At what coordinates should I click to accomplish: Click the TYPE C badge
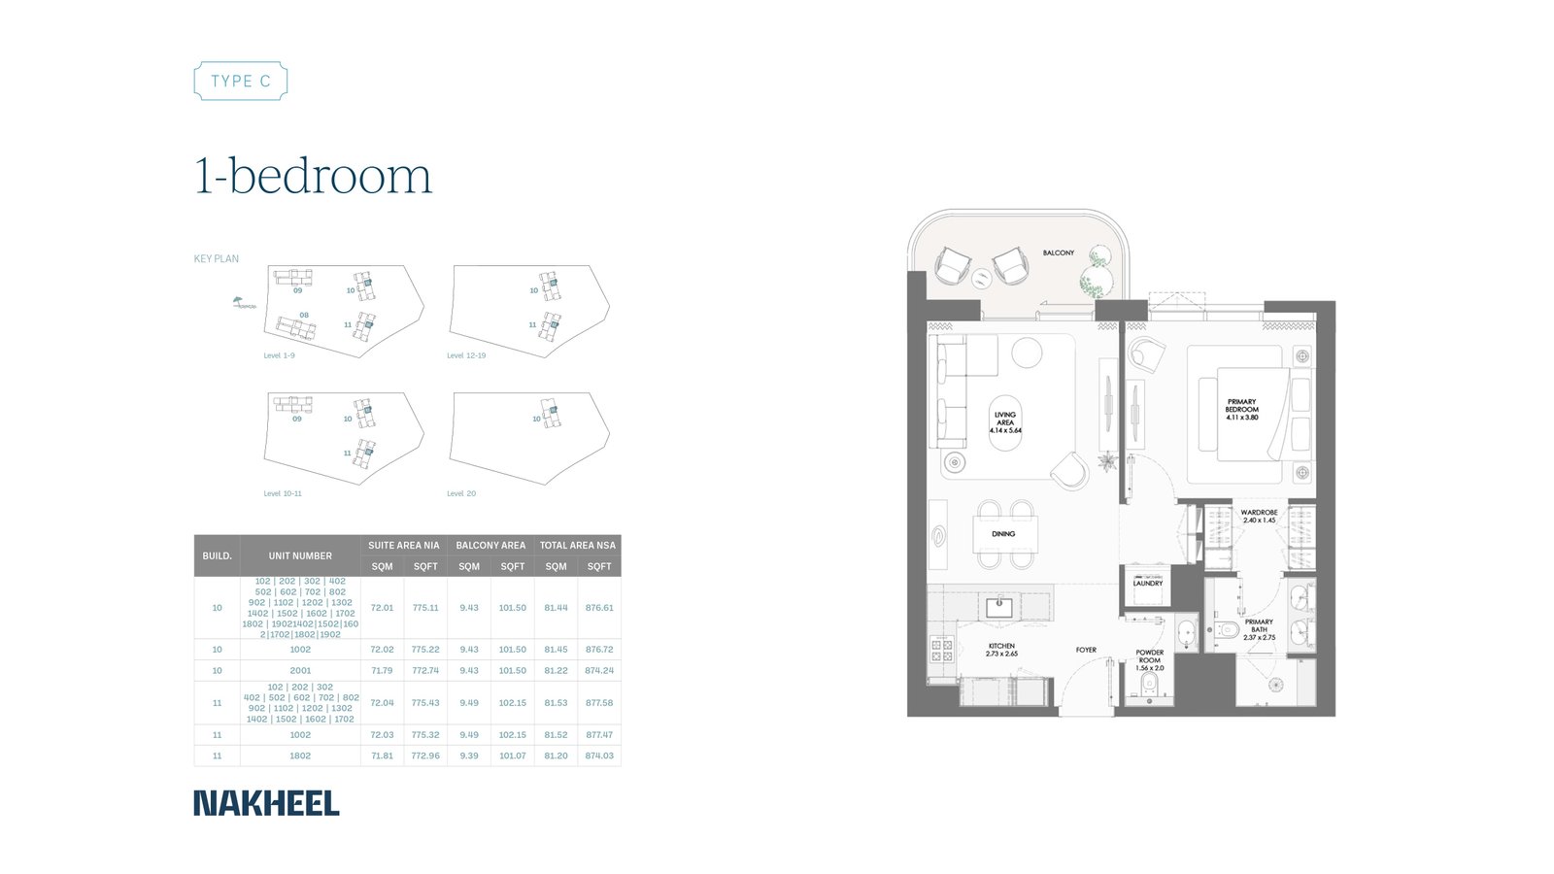pyautogui.click(x=241, y=82)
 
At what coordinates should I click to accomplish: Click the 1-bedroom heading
pyautogui.click(x=313, y=177)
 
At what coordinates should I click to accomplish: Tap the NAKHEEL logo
pyautogui.click(x=266, y=803)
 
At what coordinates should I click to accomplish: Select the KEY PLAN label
pyautogui.click(x=216, y=259)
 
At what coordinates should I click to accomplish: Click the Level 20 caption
pyautogui.click(x=461, y=493)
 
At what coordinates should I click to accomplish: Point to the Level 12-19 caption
pyautogui.click(x=466, y=355)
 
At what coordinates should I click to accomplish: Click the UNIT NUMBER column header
pyautogui.click(x=300, y=555)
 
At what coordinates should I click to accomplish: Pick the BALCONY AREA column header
pyautogui.click(x=490, y=545)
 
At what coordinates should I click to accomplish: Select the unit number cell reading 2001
pyautogui.click(x=300, y=670)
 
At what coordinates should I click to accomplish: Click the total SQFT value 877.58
pyautogui.click(x=599, y=702)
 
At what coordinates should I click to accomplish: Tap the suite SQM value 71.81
pyautogui.click(x=382, y=756)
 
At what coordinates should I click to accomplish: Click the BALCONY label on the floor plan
pyautogui.click(x=1059, y=252)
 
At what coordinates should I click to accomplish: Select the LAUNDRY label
pyautogui.click(x=1147, y=584)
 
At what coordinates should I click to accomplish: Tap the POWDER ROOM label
pyautogui.click(x=1149, y=660)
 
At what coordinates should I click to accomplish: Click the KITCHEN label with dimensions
pyautogui.click(x=1001, y=650)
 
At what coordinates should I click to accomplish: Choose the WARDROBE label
pyautogui.click(x=1259, y=516)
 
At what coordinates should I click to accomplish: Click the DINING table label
pyautogui.click(x=1003, y=534)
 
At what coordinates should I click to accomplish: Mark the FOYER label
pyautogui.click(x=1086, y=650)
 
